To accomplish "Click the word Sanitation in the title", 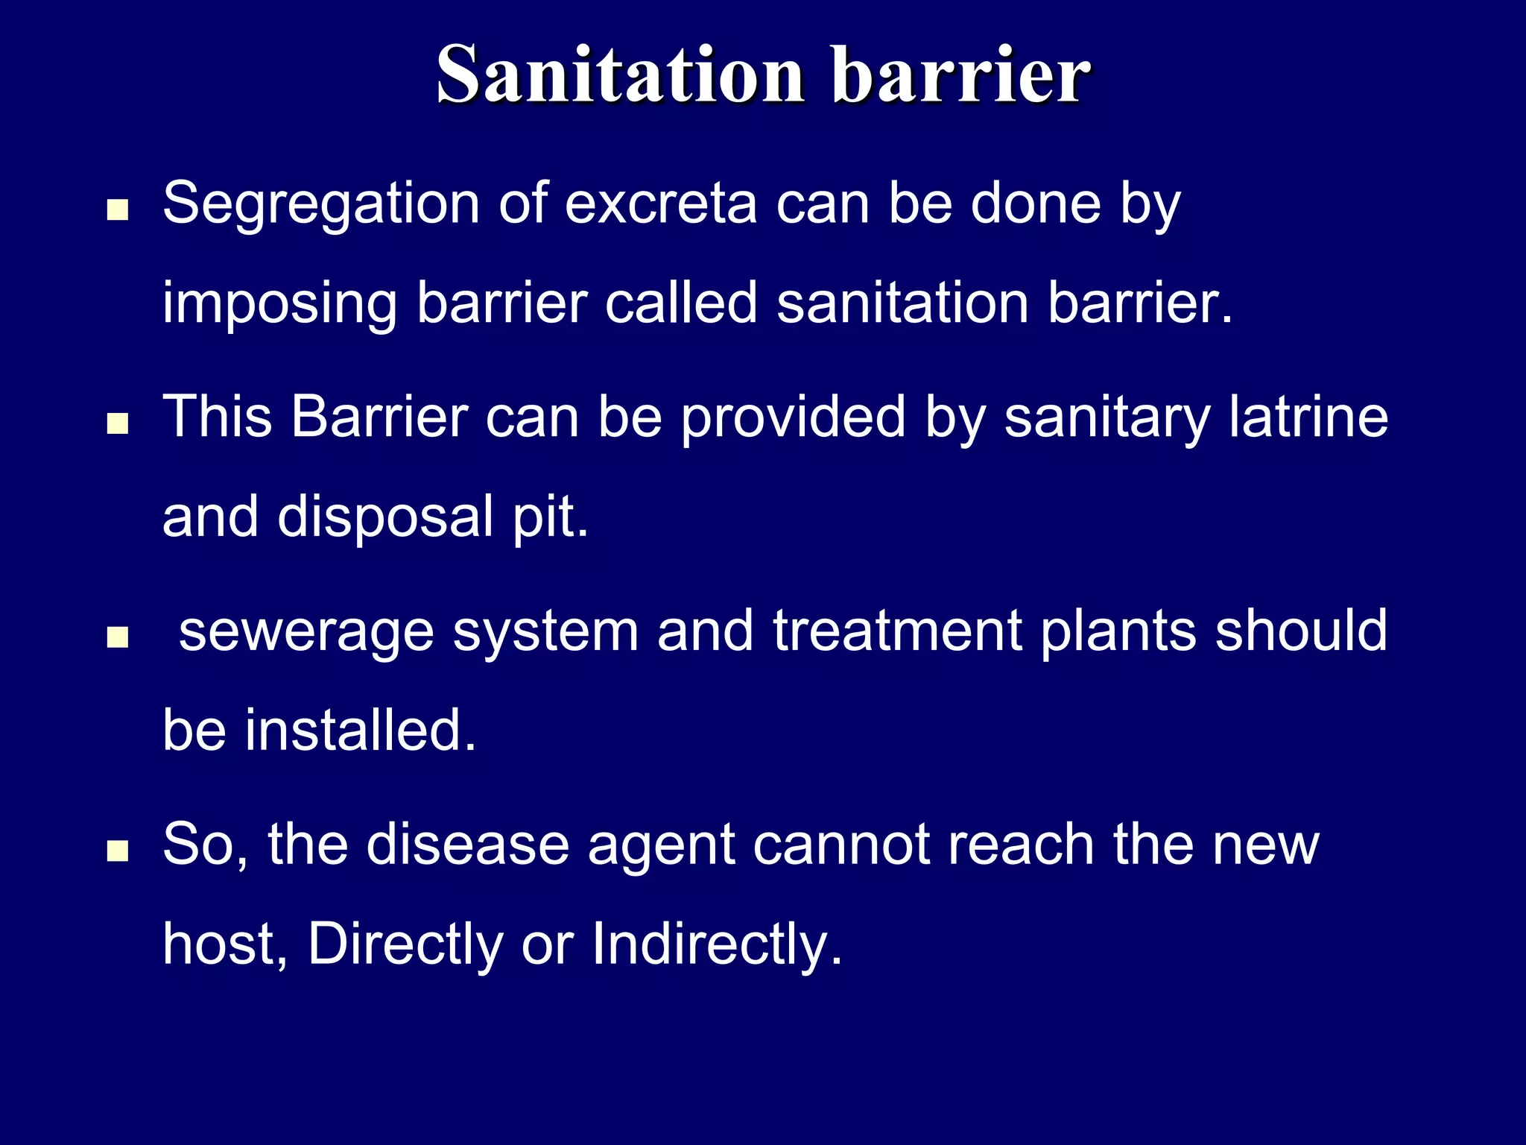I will tap(620, 75).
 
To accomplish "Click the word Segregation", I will tap(320, 204).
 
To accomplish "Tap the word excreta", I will tap(660, 204).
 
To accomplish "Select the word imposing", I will tap(279, 304).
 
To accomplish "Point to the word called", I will tap(680, 303).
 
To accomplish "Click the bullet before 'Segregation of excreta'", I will tap(118, 210).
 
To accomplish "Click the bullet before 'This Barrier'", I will tap(118, 424).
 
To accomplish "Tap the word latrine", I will tap(1308, 417).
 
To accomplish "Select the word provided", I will tap(793, 417).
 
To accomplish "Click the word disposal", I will tap(385, 517).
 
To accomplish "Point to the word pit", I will tap(549, 517).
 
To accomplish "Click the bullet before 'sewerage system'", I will tap(118, 637).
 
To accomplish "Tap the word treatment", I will tap(896, 631).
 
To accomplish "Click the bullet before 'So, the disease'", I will tap(118, 851).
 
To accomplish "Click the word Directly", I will tap(405, 944).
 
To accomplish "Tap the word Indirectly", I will tap(716, 944).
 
